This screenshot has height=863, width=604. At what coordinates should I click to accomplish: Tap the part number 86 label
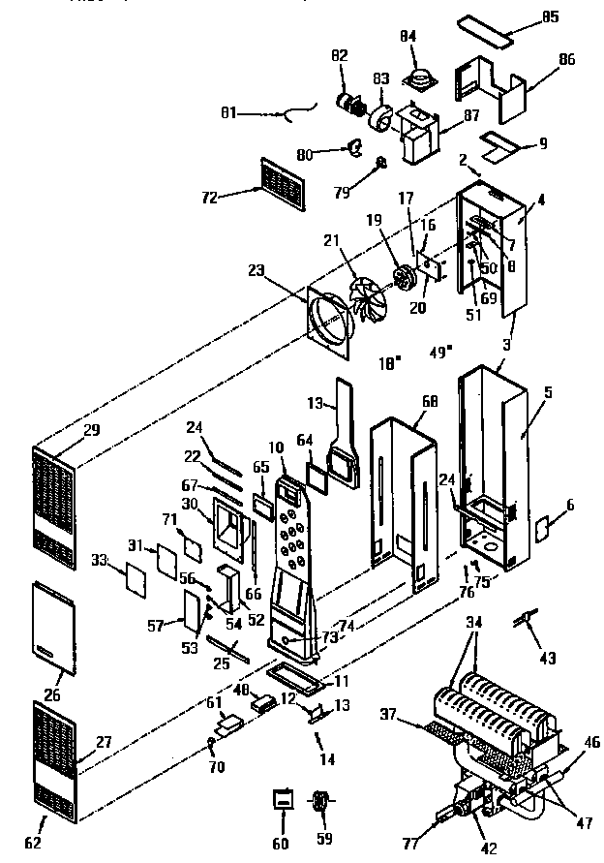pyautogui.click(x=566, y=60)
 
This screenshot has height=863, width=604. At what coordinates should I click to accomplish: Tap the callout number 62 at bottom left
pyautogui.click(x=33, y=842)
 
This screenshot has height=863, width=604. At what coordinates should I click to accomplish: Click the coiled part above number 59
pyautogui.click(x=321, y=801)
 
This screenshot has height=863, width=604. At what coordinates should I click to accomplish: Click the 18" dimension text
pyautogui.click(x=389, y=364)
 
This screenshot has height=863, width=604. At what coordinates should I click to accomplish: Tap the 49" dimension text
pyautogui.click(x=440, y=353)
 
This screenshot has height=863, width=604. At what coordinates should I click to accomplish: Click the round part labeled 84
pyautogui.click(x=421, y=75)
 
